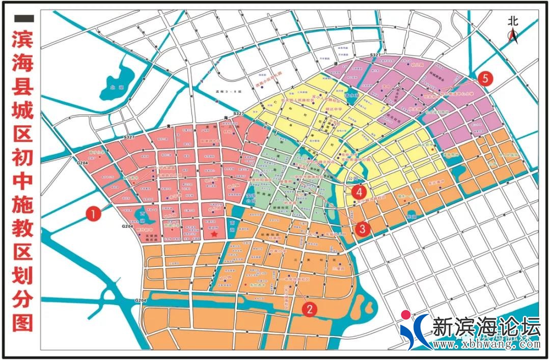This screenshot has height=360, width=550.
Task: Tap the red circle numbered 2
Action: pyautogui.click(x=309, y=308)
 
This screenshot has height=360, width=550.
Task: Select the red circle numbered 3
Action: pyautogui.click(x=363, y=229)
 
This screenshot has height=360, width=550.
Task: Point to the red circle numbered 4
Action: pyautogui.click(x=360, y=192)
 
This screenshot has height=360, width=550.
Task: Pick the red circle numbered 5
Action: pyautogui.click(x=485, y=78)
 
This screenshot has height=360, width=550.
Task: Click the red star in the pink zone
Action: pyautogui.click(x=214, y=234)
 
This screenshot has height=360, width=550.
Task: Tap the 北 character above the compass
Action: pyautogui.click(x=513, y=21)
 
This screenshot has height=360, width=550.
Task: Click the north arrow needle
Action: pyautogui.click(x=513, y=37)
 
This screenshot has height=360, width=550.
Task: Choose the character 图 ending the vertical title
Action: pyautogui.click(x=24, y=322)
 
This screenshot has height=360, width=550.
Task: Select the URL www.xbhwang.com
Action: pyautogui.click(x=486, y=345)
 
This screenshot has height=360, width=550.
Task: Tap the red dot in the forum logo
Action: pyautogui.click(x=406, y=315)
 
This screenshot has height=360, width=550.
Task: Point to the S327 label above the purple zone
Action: pyautogui.click(x=375, y=54)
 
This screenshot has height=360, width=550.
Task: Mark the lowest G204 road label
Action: pyautogui.click(x=141, y=301)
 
